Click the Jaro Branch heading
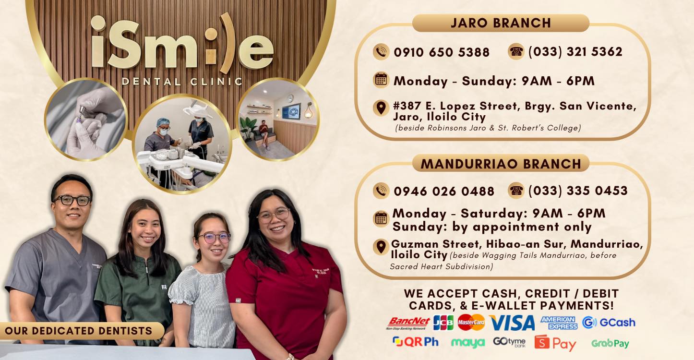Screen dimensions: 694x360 point(501,23)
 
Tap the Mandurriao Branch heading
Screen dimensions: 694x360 point(501,164)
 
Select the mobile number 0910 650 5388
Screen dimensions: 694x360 point(442,52)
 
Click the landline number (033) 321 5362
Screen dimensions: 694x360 point(575,51)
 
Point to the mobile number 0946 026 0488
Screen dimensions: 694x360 point(444,191)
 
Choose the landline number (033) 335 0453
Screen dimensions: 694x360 point(578,191)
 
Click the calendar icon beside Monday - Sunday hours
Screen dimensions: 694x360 point(381,80)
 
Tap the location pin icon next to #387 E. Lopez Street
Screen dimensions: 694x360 point(381,108)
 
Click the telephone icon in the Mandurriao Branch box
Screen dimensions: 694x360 point(516,190)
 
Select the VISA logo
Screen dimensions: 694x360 point(512,323)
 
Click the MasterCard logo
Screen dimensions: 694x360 point(471,322)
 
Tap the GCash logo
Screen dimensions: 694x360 point(609,323)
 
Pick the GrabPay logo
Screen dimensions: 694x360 point(610,343)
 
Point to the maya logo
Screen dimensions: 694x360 point(468,343)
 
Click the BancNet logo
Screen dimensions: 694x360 point(408,323)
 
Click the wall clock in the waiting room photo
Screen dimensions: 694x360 point(290,98)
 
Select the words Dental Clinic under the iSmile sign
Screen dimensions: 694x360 point(182,82)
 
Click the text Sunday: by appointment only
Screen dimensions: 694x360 point(492,227)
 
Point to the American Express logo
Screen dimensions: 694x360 point(559,323)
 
